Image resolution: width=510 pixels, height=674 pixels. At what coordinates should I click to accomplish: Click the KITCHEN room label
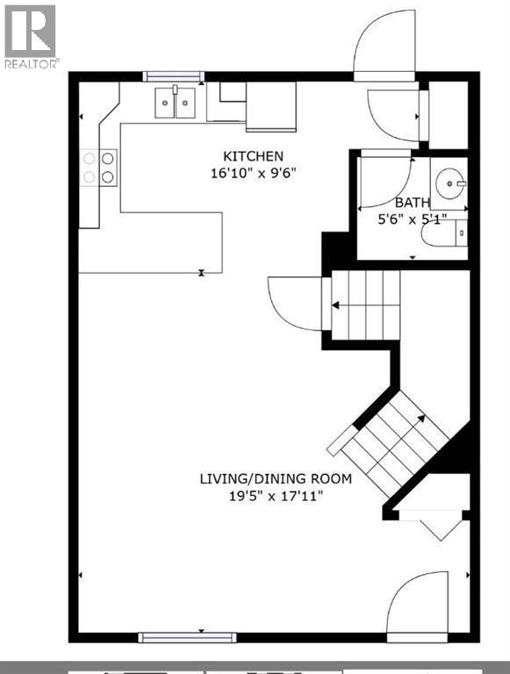pos(253,156)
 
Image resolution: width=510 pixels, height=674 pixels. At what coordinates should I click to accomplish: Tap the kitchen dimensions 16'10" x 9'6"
pos(254,173)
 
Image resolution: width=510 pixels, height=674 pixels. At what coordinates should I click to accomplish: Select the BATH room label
pos(412,202)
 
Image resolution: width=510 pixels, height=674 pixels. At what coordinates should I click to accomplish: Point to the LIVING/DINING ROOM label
pos(276,478)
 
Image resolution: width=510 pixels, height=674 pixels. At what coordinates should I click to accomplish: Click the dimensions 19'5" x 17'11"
pos(276,496)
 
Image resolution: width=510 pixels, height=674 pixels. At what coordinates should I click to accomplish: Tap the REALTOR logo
pos(31,37)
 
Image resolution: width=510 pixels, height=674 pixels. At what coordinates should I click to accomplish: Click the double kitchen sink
pos(175,103)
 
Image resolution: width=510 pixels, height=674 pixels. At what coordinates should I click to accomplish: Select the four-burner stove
pos(98,168)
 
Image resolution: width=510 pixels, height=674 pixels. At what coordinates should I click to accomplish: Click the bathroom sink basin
pos(450,183)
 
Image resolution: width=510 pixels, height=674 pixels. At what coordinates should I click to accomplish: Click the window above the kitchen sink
pos(174,76)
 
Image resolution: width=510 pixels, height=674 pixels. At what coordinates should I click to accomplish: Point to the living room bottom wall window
pos(187,637)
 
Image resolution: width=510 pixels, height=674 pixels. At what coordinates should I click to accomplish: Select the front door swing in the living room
pos(417,602)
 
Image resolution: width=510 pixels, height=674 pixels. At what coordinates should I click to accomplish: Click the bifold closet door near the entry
pos(430,525)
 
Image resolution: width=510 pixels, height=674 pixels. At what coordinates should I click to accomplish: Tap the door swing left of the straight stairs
pos(295,304)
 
